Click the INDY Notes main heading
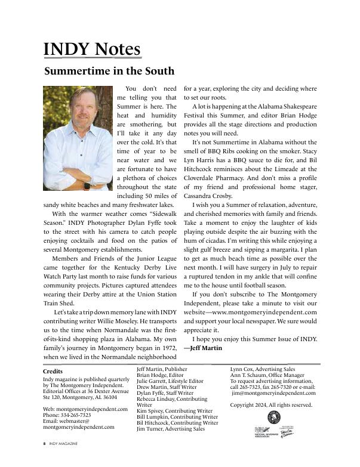pos(92,49)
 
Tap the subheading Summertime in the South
pos(109,72)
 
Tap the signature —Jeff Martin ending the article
pos(204,348)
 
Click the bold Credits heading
pos(54,372)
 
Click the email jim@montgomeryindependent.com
pos(273,393)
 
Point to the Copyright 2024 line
pos(271,405)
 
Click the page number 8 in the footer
pos(44,444)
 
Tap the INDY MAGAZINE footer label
pos(63,444)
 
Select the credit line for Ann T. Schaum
pos(269,375)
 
